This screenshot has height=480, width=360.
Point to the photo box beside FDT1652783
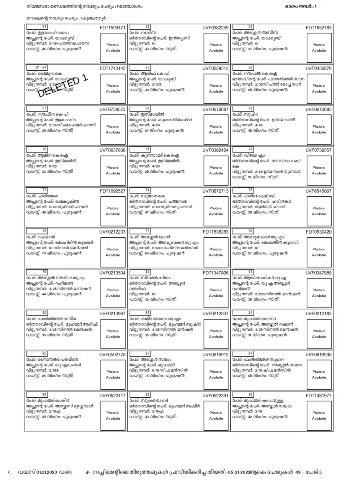[x=319, y=48]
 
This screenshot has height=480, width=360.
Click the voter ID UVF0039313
[x=216, y=68]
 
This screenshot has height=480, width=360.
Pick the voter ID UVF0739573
[x=112, y=109]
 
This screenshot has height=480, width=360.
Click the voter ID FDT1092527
[x=112, y=191]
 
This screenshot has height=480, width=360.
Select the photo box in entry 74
[x=216, y=211]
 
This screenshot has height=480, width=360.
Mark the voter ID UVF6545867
[x=319, y=191]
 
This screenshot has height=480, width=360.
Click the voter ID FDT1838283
[x=216, y=232]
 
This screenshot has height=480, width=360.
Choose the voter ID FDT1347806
[x=216, y=273]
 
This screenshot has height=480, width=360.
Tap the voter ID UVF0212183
[x=319, y=314]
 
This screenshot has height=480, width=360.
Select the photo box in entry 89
[x=216, y=416]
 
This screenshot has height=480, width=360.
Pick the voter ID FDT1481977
[x=319, y=396]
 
